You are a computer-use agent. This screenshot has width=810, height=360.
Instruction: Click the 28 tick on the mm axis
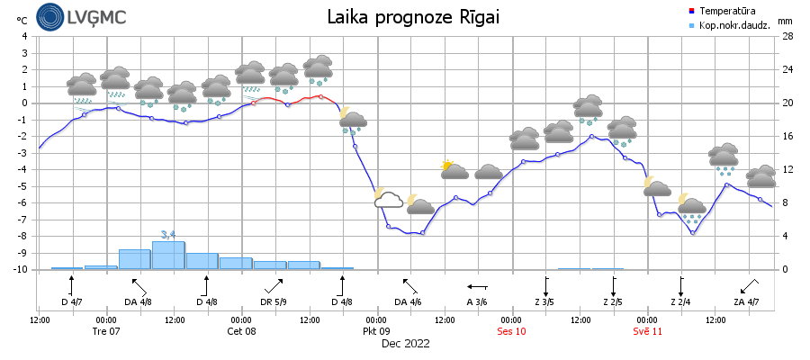click(x=787, y=36)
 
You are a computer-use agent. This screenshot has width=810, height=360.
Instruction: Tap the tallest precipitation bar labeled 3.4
click(x=168, y=256)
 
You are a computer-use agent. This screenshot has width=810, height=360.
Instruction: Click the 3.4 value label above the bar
click(x=168, y=235)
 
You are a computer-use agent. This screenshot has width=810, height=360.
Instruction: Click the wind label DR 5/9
click(x=274, y=301)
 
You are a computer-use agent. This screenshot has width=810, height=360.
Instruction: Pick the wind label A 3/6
click(x=477, y=301)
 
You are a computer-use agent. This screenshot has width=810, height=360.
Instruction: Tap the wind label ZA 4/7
click(x=746, y=301)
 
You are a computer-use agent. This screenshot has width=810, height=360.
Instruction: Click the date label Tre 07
click(x=106, y=331)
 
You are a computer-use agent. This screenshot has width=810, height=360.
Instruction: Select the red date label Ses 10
click(x=512, y=331)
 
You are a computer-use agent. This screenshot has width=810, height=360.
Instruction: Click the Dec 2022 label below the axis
click(x=405, y=343)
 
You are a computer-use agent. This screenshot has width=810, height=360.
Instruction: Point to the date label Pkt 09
click(x=377, y=331)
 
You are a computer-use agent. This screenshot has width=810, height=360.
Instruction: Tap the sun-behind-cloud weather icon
click(x=453, y=168)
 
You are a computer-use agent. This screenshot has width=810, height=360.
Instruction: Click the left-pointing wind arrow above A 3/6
click(x=477, y=286)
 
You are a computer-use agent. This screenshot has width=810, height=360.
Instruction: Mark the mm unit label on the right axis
click(x=785, y=21)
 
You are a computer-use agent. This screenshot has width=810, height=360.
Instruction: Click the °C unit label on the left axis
click(x=22, y=20)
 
